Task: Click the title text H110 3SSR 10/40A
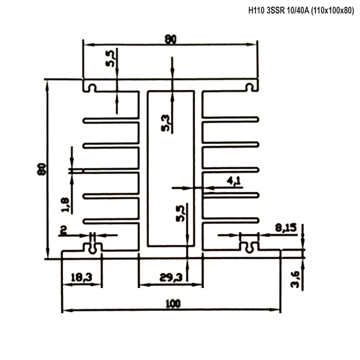[279, 11]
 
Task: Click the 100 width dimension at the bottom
[173, 303]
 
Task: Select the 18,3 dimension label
[81, 277]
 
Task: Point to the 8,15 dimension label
[286, 228]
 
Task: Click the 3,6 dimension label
[295, 279]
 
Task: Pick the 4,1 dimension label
[233, 181]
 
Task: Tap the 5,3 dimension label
[166, 123]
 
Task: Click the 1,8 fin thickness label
[65, 205]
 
